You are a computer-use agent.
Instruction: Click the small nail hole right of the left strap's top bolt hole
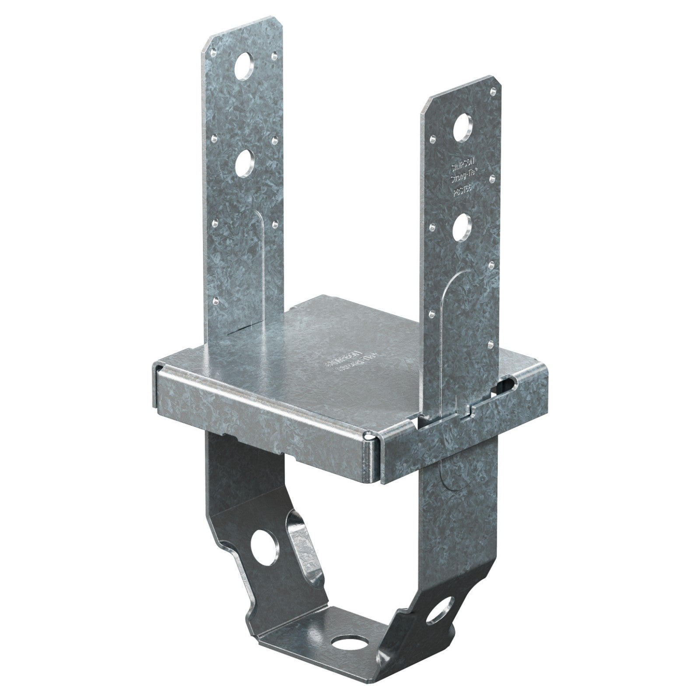(x=275, y=56)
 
